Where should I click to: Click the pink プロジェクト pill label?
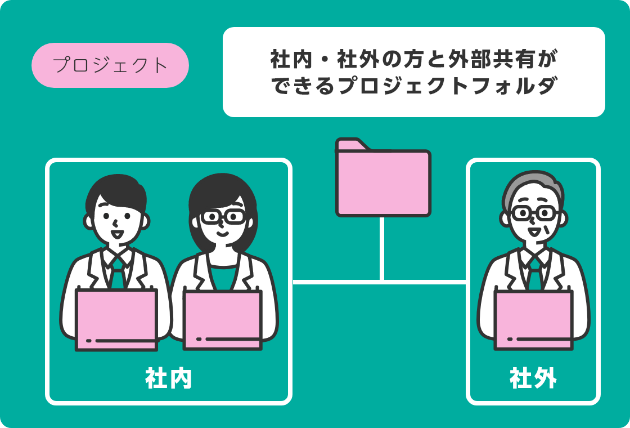pos(110,65)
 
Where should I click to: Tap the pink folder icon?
pos(383,177)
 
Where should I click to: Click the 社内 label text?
pos(168,378)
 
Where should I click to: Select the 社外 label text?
pos(533,378)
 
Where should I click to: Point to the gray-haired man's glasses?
pos(534,213)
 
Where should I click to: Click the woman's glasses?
pos(223,216)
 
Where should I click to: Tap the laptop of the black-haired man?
pos(116,319)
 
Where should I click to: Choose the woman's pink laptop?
pos(223,320)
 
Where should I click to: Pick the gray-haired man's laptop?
pos(534,319)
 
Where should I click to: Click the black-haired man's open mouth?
pos(117,234)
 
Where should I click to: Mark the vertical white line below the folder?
pos(382,248)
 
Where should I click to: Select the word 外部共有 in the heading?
pos(472,60)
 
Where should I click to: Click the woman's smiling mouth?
pos(223,233)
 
